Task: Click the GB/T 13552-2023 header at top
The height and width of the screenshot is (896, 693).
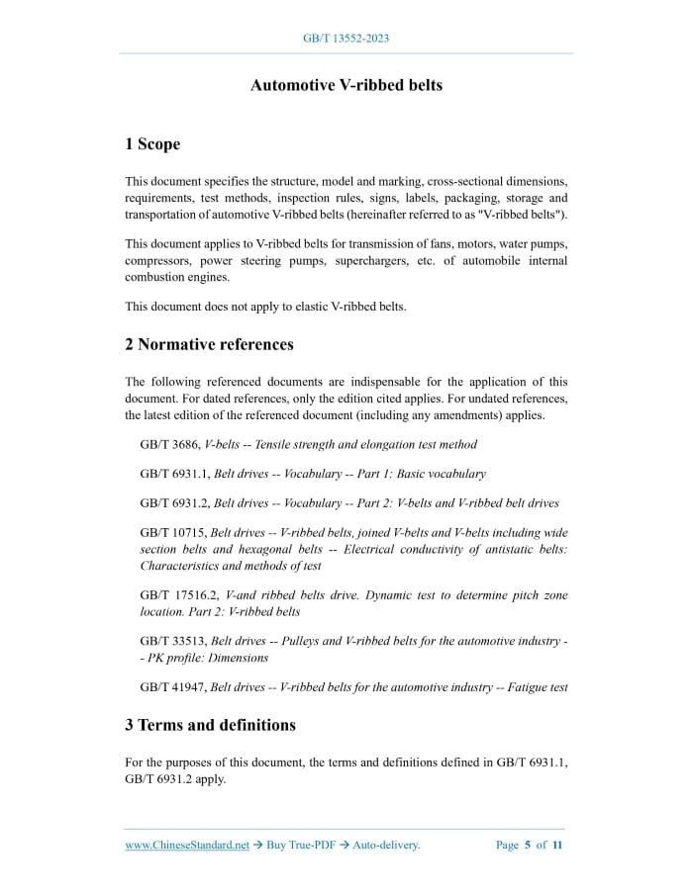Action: pyautogui.click(x=346, y=39)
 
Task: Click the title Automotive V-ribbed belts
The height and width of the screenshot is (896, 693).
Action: pyautogui.click(x=346, y=85)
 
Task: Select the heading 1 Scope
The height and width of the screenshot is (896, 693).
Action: pyautogui.click(x=152, y=144)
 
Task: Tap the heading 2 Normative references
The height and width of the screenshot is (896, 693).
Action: pyautogui.click(x=209, y=344)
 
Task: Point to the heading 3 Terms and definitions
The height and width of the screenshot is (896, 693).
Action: pyautogui.click(x=210, y=725)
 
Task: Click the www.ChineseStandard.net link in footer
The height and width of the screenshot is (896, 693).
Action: pyautogui.click(x=187, y=846)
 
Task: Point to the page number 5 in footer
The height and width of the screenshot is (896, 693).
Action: pyautogui.click(x=528, y=846)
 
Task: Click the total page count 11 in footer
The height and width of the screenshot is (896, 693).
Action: pyautogui.click(x=557, y=846)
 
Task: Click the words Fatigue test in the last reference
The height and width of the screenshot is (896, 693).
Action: pyautogui.click(x=534, y=687)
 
